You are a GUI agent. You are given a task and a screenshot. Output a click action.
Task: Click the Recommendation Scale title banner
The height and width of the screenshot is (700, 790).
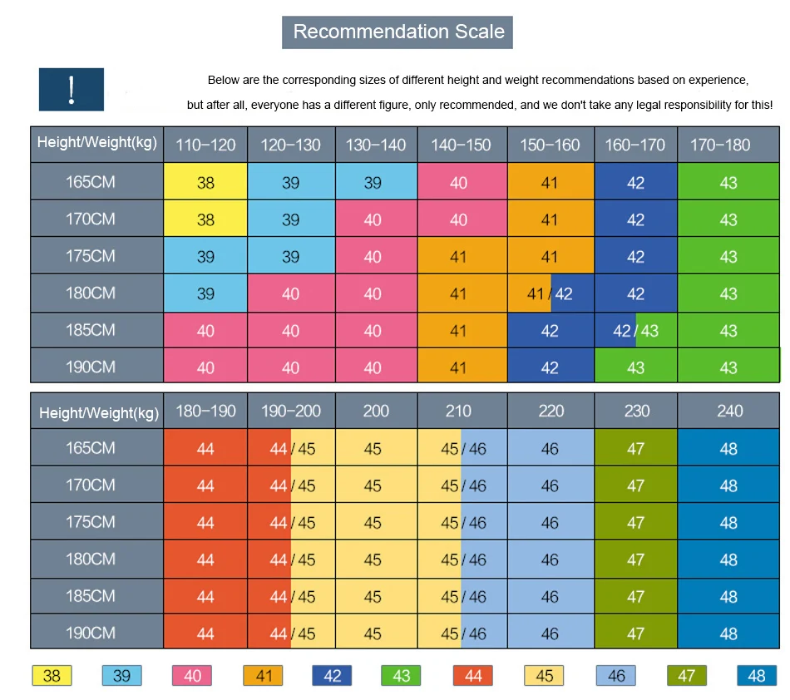(x=397, y=32)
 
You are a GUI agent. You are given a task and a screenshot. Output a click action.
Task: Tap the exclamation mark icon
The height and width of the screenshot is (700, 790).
(x=72, y=90)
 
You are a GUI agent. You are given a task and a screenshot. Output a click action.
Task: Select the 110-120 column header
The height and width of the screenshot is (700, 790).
(x=205, y=145)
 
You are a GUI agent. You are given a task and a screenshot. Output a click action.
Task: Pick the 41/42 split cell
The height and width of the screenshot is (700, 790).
(x=551, y=293)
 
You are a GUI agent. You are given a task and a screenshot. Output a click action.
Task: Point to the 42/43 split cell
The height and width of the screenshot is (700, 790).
(x=636, y=330)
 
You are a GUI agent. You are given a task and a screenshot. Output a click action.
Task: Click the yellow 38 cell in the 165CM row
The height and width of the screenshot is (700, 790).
(x=205, y=181)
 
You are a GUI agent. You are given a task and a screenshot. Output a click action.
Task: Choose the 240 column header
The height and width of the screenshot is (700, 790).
(x=728, y=411)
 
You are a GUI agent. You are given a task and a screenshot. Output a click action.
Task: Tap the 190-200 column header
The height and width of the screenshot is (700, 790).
(x=291, y=411)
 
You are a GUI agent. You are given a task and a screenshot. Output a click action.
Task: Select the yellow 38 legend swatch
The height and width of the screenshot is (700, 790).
(x=52, y=675)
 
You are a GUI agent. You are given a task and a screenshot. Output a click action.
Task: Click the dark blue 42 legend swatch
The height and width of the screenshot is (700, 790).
(x=332, y=675)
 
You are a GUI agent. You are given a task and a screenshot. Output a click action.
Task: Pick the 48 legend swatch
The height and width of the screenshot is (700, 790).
(x=757, y=675)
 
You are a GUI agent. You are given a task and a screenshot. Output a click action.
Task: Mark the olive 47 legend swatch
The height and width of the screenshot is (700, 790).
(x=687, y=675)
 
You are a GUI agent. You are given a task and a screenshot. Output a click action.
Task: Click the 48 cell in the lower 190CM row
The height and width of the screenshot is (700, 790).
(x=728, y=632)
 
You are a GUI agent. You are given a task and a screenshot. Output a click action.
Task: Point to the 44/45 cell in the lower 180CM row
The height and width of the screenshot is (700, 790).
(x=291, y=559)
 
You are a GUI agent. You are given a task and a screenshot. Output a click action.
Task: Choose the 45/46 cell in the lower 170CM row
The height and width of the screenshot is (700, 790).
(x=462, y=485)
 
